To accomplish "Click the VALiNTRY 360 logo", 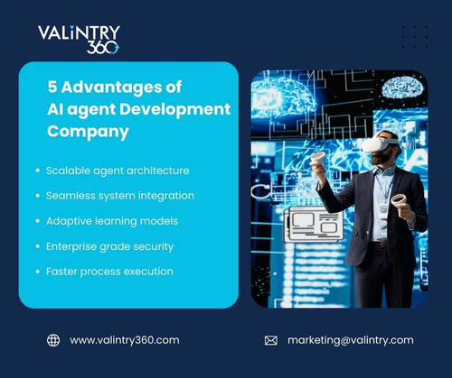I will tap(78, 39).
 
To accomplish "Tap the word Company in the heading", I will tap(88, 132).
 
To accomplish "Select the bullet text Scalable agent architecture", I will tap(118, 170).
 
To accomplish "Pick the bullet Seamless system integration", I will tap(119, 195).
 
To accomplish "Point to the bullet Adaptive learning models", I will tap(112, 220).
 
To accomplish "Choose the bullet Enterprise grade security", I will tap(109, 245).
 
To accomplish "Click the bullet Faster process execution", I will tap(109, 271).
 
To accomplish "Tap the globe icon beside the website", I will tap(53, 340).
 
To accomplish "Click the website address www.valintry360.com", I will tap(124, 340).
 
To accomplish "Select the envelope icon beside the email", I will tap(270, 340).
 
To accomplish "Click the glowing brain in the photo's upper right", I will tap(402, 88).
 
